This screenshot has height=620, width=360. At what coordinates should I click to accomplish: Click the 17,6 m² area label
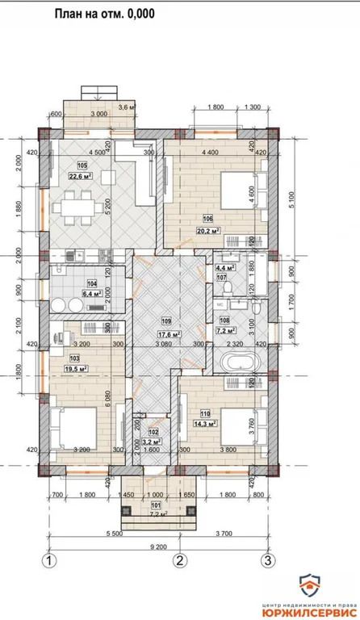point(168,334)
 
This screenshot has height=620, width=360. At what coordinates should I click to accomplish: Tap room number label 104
point(92,285)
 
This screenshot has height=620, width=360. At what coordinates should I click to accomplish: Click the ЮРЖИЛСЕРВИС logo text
point(311,611)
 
